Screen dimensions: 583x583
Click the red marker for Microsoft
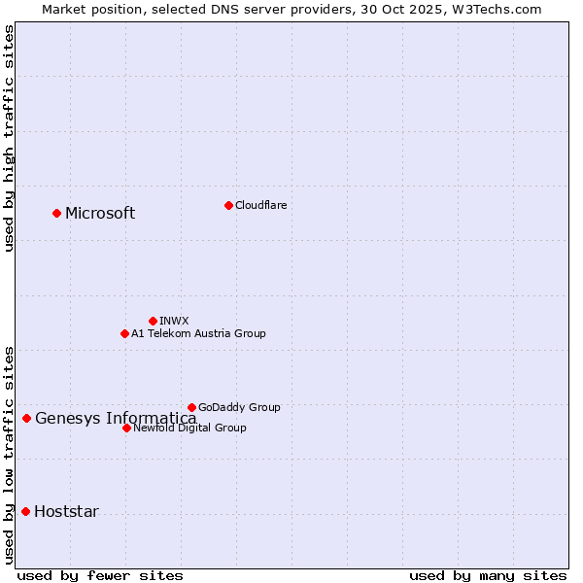click(56, 213)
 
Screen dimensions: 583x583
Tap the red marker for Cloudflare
click(228, 205)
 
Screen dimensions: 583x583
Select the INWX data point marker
click(153, 321)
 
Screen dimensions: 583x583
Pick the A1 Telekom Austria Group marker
click(124, 333)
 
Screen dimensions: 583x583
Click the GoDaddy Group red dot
click(191, 407)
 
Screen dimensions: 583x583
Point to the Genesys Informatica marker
click(26, 419)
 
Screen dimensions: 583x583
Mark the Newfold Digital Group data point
click(126, 428)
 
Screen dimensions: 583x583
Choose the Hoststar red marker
click(25, 511)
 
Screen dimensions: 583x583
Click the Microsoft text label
click(100, 214)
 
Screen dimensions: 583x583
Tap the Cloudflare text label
click(260, 205)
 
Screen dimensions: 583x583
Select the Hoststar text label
click(66, 512)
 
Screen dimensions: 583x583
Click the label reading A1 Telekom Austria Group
click(198, 334)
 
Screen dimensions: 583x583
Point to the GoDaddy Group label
click(239, 408)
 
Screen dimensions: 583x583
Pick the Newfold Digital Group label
click(189, 429)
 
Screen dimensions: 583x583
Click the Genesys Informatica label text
click(116, 419)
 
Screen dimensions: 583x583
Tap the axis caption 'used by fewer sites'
click(100, 575)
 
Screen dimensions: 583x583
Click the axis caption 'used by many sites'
click(488, 575)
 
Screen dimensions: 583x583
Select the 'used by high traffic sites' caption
click(9, 138)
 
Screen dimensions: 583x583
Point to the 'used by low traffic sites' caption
click(9, 454)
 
